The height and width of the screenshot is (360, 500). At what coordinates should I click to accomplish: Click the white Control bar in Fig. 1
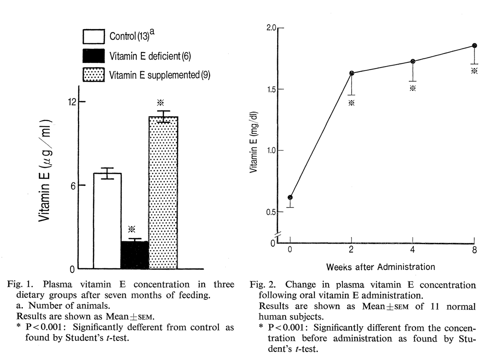click(x=107, y=221)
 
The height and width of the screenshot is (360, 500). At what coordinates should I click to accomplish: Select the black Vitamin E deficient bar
click(x=135, y=255)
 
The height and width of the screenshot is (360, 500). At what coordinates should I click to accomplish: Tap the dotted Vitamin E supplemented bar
click(x=163, y=192)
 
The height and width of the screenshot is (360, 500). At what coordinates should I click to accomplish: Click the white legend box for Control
click(x=94, y=37)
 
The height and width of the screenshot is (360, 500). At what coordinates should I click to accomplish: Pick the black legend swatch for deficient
click(x=94, y=56)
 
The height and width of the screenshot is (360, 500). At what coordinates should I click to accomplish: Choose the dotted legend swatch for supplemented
click(x=94, y=75)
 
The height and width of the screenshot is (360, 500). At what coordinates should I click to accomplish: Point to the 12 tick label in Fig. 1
click(x=72, y=102)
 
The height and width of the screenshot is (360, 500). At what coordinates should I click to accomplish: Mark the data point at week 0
click(x=290, y=197)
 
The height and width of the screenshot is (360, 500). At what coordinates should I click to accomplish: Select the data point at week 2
click(x=352, y=73)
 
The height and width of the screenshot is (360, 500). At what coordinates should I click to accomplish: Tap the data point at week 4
click(x=413, y=61)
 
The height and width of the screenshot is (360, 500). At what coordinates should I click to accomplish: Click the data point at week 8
click(x=475, y=45)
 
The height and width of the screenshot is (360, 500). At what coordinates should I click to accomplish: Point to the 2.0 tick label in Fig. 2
click(x=271, y=28)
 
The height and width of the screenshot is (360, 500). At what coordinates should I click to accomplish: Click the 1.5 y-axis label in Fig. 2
click(x=272, y=89)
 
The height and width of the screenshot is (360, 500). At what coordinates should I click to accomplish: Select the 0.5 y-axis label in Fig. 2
click(x=271, y=212)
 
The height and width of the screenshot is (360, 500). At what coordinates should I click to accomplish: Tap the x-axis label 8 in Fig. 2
click(x=475, y=250)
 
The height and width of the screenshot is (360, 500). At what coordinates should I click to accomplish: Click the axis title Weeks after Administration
click(x=380, y=267)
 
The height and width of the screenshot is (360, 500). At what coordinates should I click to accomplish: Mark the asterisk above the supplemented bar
click(x=160, y=102)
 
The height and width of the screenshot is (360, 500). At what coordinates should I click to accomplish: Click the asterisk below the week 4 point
click(x=413, y=88)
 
